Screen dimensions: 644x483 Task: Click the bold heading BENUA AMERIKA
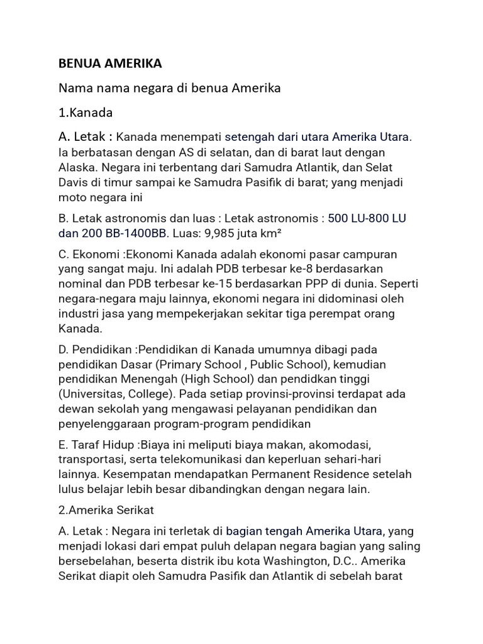110,64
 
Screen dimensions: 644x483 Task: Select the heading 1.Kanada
86,113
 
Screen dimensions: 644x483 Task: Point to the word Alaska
76,167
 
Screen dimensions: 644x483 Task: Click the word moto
72,197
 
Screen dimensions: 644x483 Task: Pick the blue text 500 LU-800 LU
367,218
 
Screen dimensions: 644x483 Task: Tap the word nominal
79,284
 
